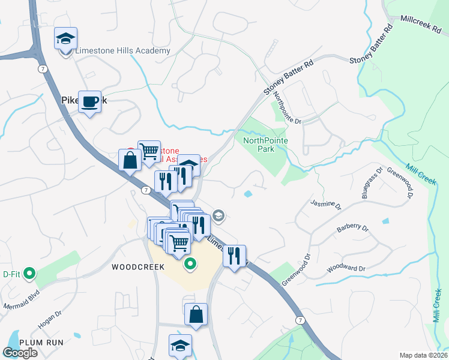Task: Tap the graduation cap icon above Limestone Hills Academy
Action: click(x=65, y=40)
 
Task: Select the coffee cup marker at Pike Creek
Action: click(x=90, y=102)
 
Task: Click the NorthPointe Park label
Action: click(x=265, y=145)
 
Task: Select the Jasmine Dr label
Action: click(x=326, y=206)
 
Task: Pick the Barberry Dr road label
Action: click(x=352, y=227)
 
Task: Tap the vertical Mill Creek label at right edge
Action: click(x=436, y=305)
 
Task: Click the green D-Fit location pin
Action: click(x=28, y=274)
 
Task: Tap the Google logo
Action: click(x=20, y=353)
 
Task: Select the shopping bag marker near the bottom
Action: click(x=196, y=314)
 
